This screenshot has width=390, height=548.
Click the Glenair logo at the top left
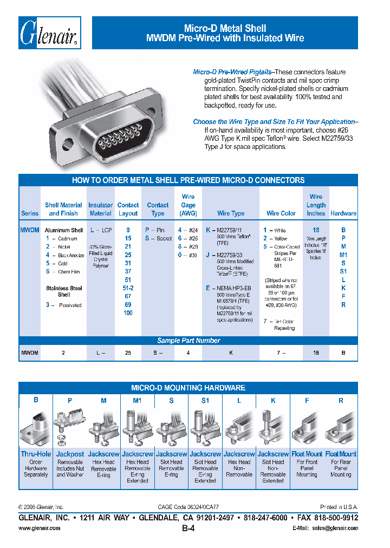50,33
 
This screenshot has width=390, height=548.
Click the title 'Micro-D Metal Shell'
225,28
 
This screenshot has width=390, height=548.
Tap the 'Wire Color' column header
281,213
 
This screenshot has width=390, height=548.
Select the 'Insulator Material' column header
101,209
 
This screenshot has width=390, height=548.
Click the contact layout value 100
128,313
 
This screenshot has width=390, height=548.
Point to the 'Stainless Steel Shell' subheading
64,291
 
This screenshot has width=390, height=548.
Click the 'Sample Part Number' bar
188,341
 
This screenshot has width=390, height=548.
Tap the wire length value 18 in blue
316,230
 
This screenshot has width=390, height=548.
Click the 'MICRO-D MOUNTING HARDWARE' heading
188,388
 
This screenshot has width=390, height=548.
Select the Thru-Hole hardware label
36,454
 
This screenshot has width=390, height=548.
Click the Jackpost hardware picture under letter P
70,428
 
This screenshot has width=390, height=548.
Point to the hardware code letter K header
273,400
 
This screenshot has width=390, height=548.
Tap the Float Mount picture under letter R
341,428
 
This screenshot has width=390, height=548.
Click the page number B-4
188,527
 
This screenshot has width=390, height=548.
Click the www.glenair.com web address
40,528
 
